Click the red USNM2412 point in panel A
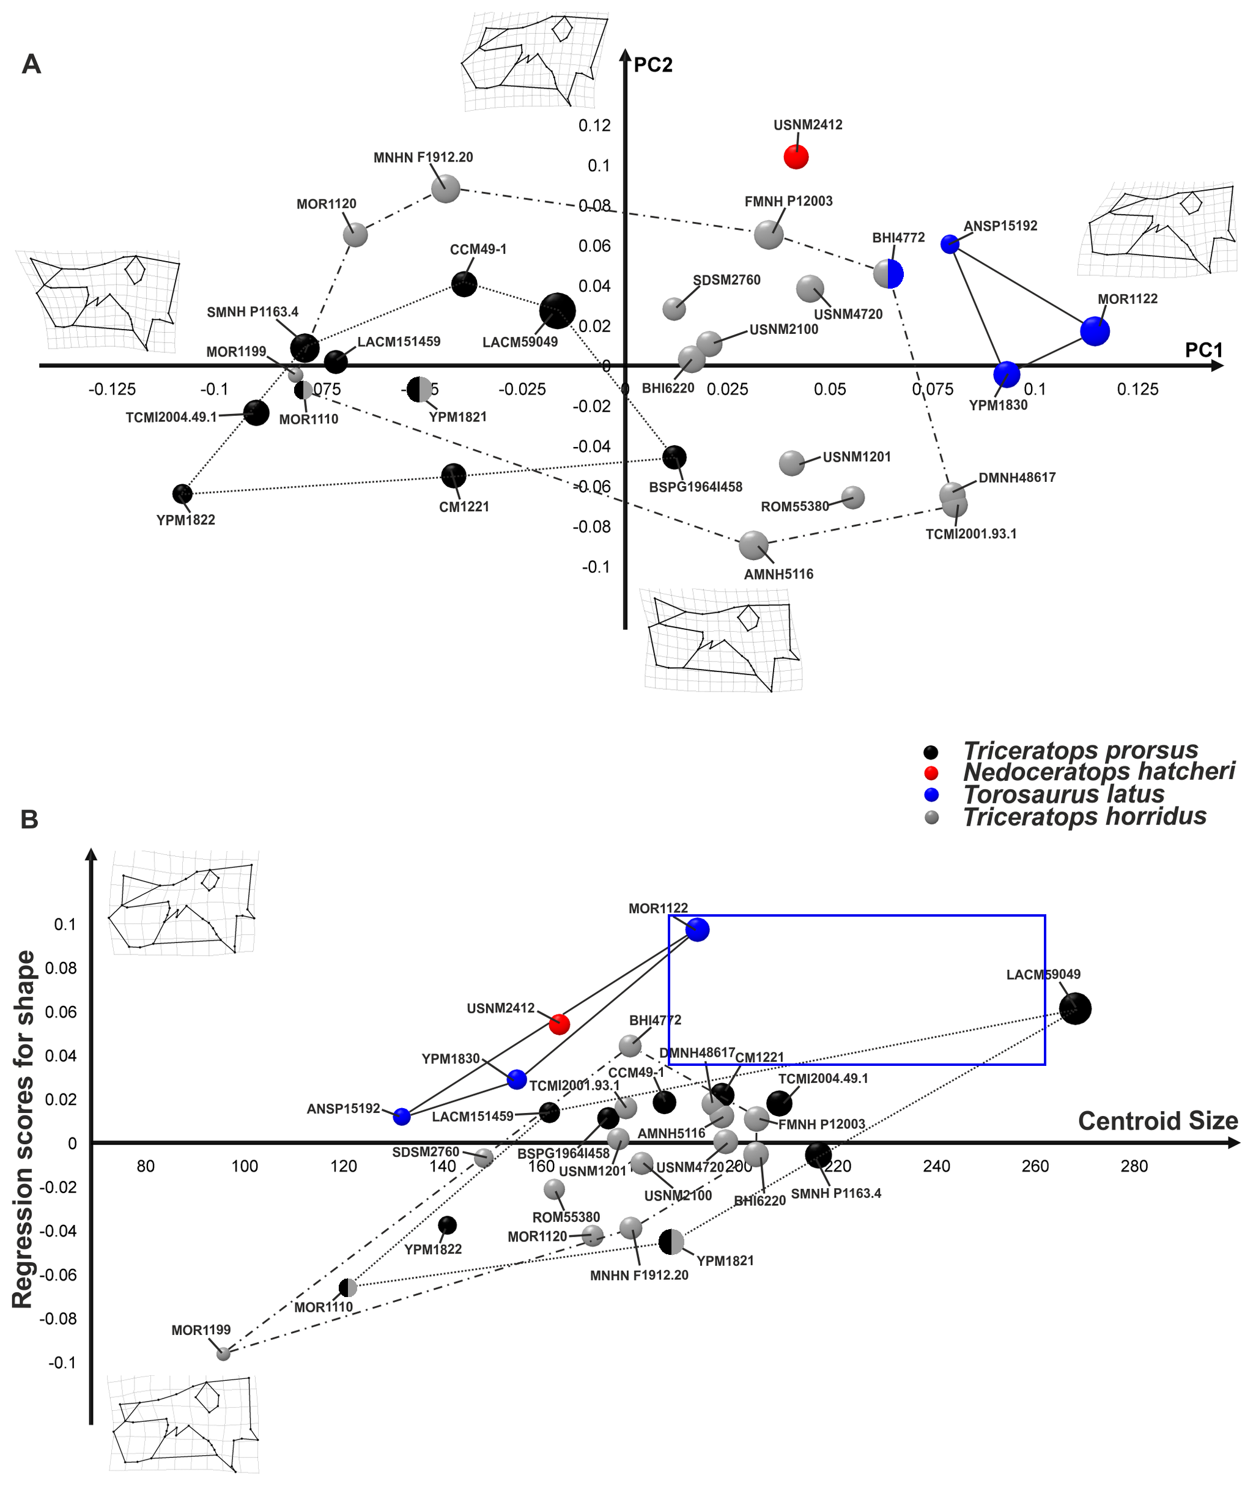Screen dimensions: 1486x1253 pyautogui.click(x=796, y=157)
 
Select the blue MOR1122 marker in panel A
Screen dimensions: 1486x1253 pyautogui.click(x=1095, y=331)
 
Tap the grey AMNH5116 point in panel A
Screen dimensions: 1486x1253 pyautogui.click(x=753, y=545)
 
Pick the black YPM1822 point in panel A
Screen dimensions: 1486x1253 pyautogui.click(x=183, y=493)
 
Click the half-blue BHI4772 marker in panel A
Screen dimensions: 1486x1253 pyautogui.click(x=888, y=273)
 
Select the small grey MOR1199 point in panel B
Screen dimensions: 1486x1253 pyautogui.click(x=223, y=1354)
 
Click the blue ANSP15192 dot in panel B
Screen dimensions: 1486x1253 pyautogui.click(x=401, y=1117)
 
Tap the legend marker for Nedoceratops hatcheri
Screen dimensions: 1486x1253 pyautogui.click(x=931, y=773)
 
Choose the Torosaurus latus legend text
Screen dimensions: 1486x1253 pyautogui.click(x=1063, y=794)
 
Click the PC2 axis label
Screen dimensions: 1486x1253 pyautogui.click(x=652, y=65)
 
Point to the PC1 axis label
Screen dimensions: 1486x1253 pyautogui.click(x=1203, y=350)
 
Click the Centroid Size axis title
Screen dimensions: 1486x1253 pyautogui.click(x=1158, y=1121)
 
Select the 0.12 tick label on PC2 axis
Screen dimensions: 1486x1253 pyautogui.click(x=594, y=126)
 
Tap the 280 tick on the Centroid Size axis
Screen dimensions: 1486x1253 pyautogui.click(x=1134, y=1166)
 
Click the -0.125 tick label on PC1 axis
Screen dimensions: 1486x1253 pyautogui.click(x=113, y=390)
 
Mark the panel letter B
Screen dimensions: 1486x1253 pyautogui.click(x=29, y=819)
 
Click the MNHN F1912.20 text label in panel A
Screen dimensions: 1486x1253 pyautogui.click(x=423, y=158)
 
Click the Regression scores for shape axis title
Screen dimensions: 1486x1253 pyautogui.click(x=23, y=1129)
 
